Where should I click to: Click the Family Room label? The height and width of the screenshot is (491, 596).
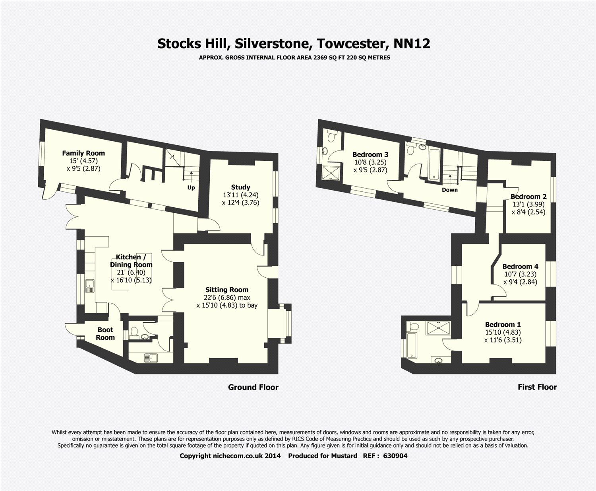[x=83, y=153]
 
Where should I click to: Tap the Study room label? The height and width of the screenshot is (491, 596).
[x=241, y=187]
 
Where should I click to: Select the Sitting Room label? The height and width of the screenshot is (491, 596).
[x=227, y=290]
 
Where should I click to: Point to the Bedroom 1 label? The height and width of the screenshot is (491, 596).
[x=503, y=324]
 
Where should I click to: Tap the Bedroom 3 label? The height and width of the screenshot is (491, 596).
[x=370, y=154]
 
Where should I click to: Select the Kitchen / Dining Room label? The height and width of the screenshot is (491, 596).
[x=131, y=261]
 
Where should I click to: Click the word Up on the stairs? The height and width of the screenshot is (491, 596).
[x=191, y=188]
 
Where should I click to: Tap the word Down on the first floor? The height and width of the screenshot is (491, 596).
[x=450, y=190]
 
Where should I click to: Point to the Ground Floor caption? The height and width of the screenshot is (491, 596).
[x=253, y=387]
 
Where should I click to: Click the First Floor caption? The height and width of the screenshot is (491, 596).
[x=537, y=387]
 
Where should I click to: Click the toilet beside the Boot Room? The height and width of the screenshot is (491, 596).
[x=134, y=331]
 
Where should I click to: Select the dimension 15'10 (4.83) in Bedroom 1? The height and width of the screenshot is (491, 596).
[x=503, y=332]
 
